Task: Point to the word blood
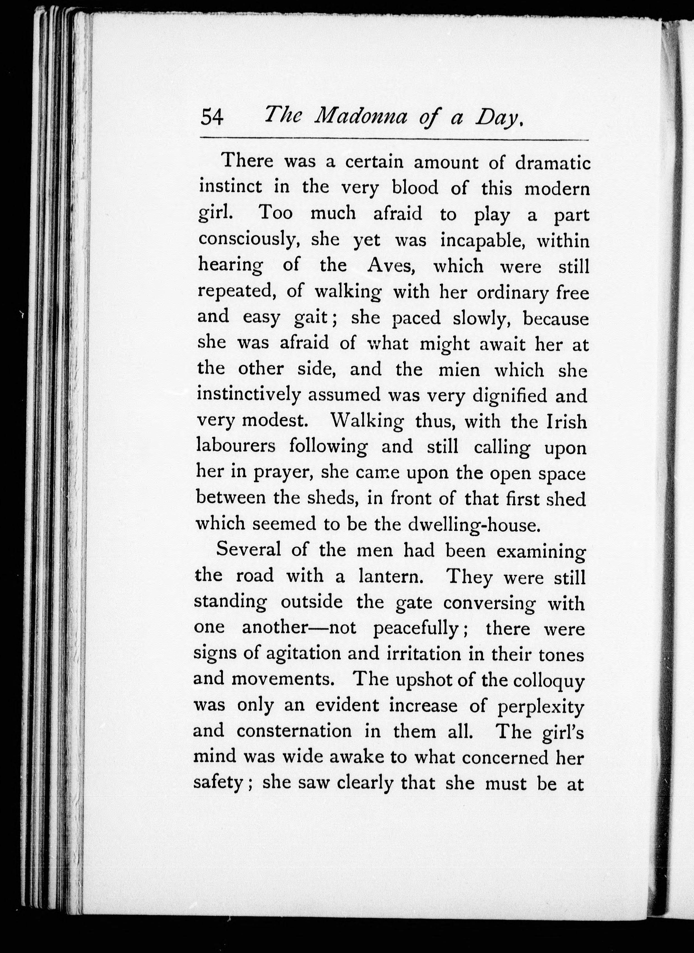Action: coord(415,188)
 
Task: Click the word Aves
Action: coord(391,266)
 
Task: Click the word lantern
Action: coord(391,576)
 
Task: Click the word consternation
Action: coord(294,732)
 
